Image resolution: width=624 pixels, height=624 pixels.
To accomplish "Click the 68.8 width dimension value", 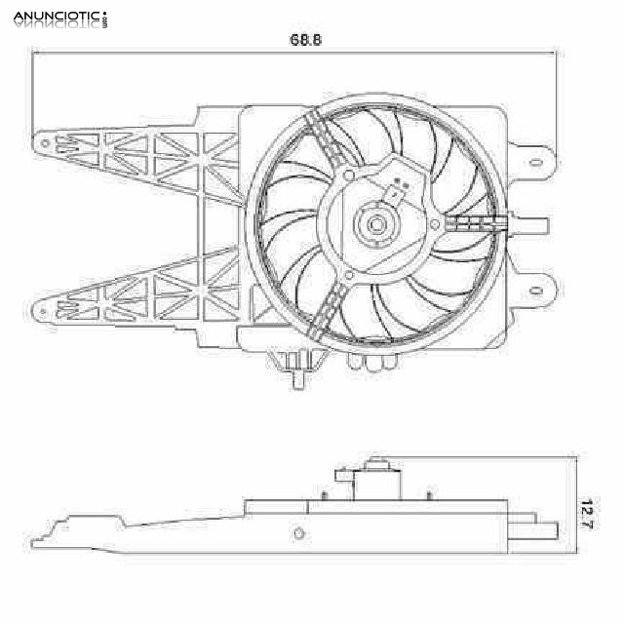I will coord(305,40).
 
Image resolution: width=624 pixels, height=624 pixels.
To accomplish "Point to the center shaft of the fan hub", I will coord(375,224).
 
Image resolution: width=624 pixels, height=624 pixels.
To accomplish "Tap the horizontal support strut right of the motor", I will coord(476,222).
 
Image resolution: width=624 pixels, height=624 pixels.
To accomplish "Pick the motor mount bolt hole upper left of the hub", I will coord(349,175).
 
